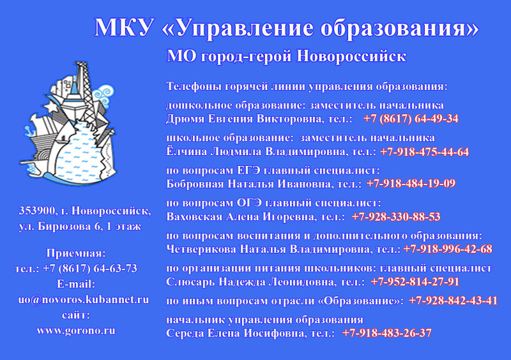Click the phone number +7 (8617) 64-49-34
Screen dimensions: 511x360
[x=411, y=119]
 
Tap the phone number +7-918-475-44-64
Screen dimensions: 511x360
[x=425, y=152]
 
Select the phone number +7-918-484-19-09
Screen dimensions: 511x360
[x=411, y=184]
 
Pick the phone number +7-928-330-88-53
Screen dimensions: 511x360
[x=396, y=216]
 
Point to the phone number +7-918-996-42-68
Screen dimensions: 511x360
[x=448, y=249]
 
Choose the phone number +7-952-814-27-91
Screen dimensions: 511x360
[x=415, y=282]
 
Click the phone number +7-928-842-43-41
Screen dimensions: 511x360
[x=454, y=301]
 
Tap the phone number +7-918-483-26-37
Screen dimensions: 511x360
[x=387, y=333]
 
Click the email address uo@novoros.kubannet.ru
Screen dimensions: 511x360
[x=84, y=300]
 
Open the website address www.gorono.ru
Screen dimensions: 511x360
[x=76, y=331]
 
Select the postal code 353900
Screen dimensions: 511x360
[x=37, y=211]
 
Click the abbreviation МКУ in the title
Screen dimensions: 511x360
[x=124, y=27]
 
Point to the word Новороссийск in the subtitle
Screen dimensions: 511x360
[x=351, y=56]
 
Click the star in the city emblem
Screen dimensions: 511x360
[x=51, y=107]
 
